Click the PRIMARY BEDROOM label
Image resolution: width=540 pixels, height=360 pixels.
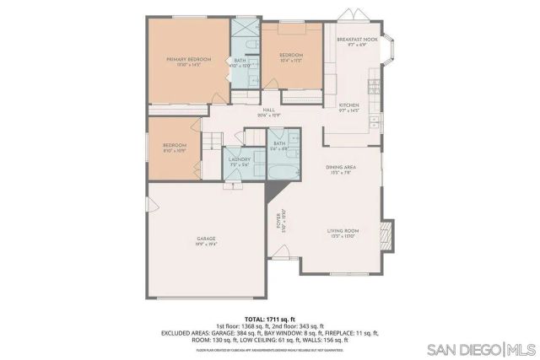188,59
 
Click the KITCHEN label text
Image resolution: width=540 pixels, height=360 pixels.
349,105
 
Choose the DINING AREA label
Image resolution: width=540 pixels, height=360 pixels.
341,167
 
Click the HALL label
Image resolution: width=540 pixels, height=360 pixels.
269,110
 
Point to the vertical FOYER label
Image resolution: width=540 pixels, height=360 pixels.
278,221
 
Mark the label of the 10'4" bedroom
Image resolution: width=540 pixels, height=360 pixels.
290,56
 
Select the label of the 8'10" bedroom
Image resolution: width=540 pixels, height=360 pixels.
174,146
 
